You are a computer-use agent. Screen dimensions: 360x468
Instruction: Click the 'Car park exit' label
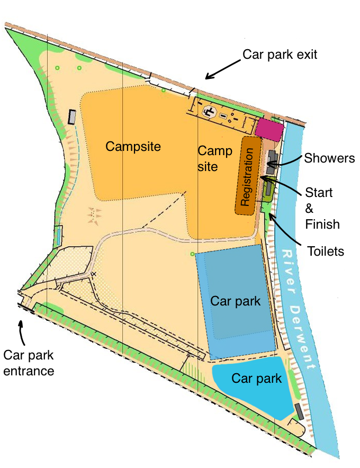tap(280, 55)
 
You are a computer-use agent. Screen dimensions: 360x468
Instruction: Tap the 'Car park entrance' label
tap(29, 363)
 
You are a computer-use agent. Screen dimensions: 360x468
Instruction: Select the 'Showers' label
tap(328, 158)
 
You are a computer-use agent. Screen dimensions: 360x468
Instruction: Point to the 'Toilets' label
tap(326, 250)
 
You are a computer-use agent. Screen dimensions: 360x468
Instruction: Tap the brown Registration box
tap(248, 176)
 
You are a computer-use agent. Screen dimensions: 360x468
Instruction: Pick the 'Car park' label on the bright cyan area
tap(257, 379)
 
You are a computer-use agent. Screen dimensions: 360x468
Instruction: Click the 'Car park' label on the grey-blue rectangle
tap(236, 301)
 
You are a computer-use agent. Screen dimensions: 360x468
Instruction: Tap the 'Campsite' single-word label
tap(133, 146)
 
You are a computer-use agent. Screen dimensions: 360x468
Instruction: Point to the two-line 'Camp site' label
tap(214, 158)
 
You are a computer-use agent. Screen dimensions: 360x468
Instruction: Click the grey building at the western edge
tap(73, 117)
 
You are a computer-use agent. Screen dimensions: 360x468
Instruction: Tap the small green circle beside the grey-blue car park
tap(192, 255)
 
